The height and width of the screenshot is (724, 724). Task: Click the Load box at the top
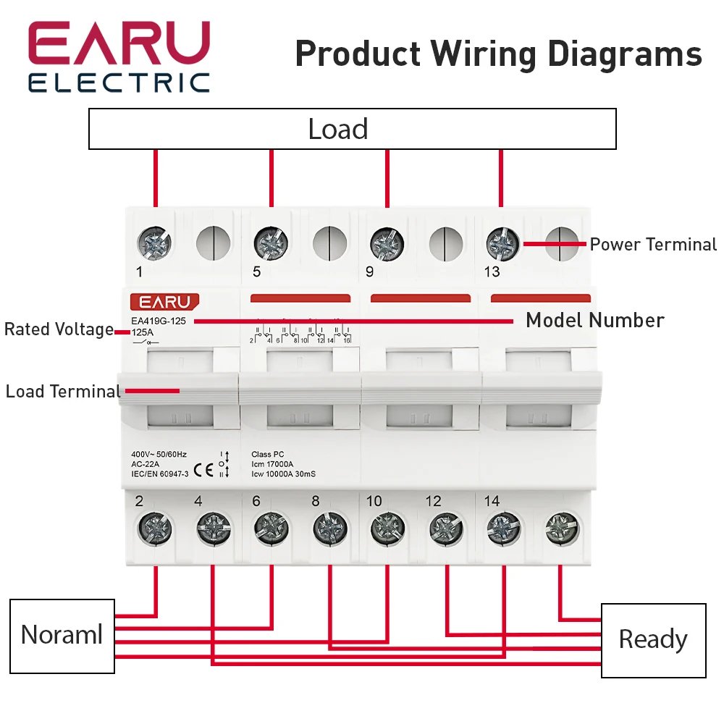tap(352, 129)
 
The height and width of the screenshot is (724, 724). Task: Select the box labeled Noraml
tap(62, 636)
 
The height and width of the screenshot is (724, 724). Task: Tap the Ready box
tap(653, 640)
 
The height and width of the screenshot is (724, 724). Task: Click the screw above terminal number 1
tap(155, 244)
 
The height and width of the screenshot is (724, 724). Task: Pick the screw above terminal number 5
tap(271, 244)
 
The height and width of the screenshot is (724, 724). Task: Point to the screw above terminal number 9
tap(387, 244)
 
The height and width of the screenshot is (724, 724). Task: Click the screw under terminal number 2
tap(155, 529)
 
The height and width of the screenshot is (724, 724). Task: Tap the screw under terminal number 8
tap(330, 529)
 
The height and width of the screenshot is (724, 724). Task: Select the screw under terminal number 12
tap(446, 529)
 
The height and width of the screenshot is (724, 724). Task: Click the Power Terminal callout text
tap(653, 244)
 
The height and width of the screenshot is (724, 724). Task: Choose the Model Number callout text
tap(595, 320)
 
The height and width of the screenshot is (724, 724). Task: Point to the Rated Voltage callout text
tap(59, 329)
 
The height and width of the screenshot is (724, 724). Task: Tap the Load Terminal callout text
tap(63, 392)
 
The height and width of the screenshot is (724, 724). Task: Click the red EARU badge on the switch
tap(164, 302)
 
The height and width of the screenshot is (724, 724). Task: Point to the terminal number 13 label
tap(492, 273)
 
